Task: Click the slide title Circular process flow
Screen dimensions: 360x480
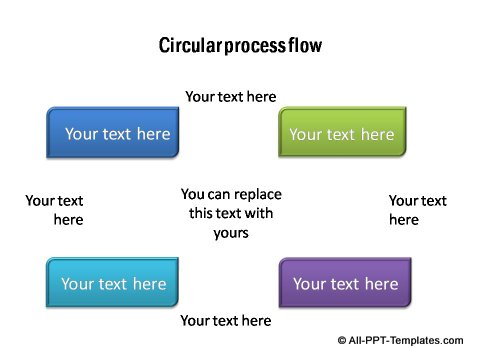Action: point(240,46)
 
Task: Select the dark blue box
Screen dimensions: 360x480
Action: point(114,133)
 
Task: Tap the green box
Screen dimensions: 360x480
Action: point(342,133)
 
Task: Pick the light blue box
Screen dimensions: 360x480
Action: point(112,283)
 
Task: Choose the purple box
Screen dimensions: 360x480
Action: point(345,283)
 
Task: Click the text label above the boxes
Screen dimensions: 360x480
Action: point(231,97)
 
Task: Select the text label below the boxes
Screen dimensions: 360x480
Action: point(225,320)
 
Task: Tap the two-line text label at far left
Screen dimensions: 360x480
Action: point(55,210)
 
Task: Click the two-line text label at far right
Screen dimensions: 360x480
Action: point(417,210)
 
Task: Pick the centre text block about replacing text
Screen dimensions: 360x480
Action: point(231,213)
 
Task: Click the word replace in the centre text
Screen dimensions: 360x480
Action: point(259,194)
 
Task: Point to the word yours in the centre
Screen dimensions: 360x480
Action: point(231,233)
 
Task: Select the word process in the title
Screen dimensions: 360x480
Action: point(255,47)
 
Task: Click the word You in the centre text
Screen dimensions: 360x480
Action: point(193,194)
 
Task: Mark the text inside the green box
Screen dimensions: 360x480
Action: point(342,134)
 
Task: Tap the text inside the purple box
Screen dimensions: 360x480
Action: point(345,284)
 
